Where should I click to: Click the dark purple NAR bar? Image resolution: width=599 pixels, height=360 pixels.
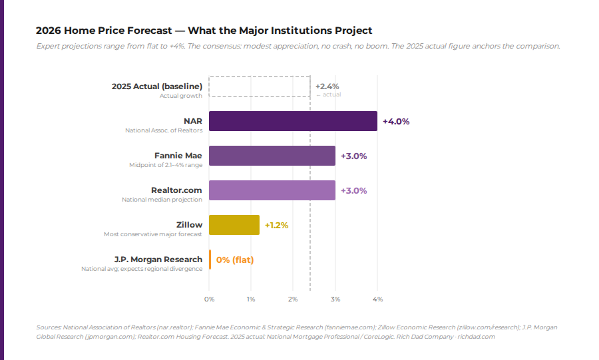293,121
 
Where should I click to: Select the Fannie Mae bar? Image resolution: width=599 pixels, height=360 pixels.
272,156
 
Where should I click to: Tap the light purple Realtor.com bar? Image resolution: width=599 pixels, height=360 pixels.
272,190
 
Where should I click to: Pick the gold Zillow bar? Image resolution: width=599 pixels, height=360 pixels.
234,225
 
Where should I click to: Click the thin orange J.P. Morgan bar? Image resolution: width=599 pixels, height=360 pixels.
210,260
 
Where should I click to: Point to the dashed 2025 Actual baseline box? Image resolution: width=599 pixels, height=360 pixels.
259,87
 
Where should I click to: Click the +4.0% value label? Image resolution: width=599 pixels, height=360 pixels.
395,122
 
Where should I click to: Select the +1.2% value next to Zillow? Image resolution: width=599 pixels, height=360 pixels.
276,226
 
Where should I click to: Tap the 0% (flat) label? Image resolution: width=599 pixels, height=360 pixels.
235,260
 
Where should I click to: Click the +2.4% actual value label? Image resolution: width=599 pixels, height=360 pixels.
327,87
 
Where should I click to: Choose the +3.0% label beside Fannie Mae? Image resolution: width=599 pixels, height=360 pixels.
353,156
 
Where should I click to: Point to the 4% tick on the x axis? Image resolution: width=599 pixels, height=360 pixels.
377,299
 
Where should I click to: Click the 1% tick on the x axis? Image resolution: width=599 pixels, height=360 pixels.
251,299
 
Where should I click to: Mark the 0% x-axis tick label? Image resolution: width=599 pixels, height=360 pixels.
209,299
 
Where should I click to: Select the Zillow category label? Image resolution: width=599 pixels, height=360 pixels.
189,225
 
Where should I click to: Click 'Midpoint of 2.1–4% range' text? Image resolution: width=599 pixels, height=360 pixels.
165,165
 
